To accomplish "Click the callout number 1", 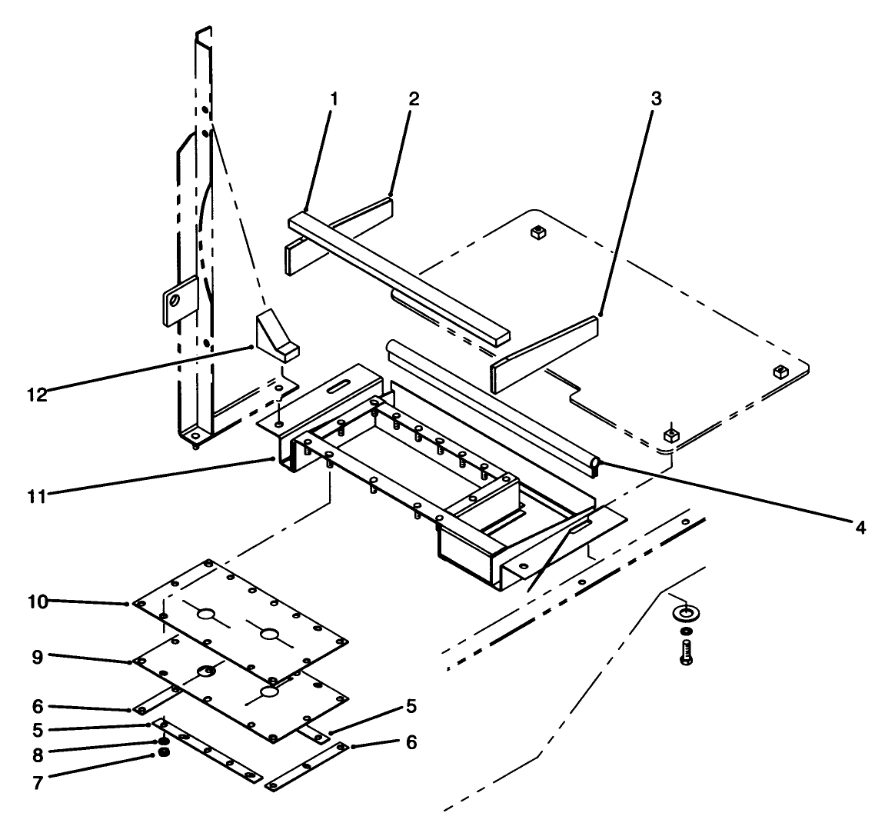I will (x=334, y=99).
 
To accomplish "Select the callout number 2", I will (x=414, y=98).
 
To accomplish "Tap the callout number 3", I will (x=656, y=98).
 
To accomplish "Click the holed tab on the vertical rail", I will (x=176, y=301).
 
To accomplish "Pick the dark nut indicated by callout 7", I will (x=164, y=752).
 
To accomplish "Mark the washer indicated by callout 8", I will (x=164, y=741).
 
